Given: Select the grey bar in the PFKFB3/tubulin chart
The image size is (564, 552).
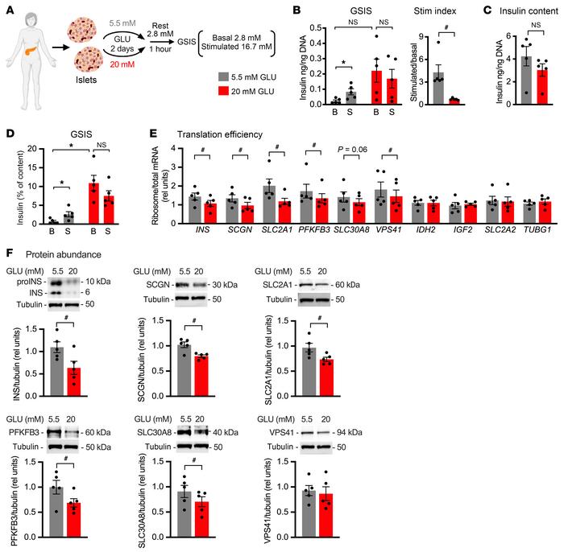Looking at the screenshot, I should click(x=57, y=515).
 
